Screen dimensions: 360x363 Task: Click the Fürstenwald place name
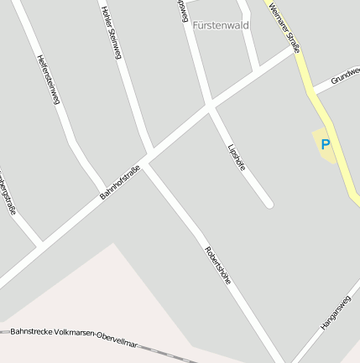click(x=221, y=25)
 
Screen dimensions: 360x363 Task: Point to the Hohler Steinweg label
click(x=112, y=33)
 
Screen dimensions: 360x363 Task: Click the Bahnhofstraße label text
click(x=120, y=182)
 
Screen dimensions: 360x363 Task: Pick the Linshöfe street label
click(x=237, y=157)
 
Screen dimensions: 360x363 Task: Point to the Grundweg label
click(x=345, y=76)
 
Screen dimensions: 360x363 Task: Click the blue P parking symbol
click(x=325, y=145)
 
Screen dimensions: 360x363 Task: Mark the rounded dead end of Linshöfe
click(x=268, y=203)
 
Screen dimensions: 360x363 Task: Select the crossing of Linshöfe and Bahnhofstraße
click(x=209, y=107)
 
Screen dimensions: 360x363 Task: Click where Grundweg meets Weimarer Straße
click(x=314, y=90)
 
